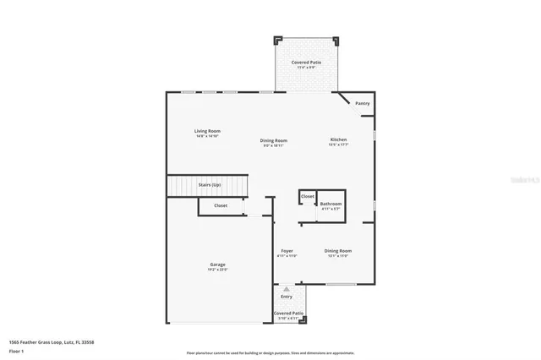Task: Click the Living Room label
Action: click(x=207, y=130)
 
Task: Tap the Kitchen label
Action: click(x=338, y=139)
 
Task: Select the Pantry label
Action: click(x=362, y=103)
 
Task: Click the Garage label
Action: click(x=217, y=265)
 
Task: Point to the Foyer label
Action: click(x=287, y=251)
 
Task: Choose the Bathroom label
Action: click(x=331, y=204)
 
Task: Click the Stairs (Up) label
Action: click(x=210, y=184)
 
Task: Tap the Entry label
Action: click(x=287, y=296)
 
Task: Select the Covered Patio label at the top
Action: click(x=306, y=63)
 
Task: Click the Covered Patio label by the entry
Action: click(x=287, y=314)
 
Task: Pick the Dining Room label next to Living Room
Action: click(x=274, y=140)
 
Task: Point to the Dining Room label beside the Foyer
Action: click(x=338, y=251)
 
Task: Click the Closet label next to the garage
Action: click(x=221, y=205)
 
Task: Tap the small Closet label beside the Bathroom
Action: click(x=308, y=196)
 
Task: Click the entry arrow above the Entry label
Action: click(x=287, y=289)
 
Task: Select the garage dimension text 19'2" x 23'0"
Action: click(x=217, y=270)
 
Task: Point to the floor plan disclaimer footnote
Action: click(x=270, y=352)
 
